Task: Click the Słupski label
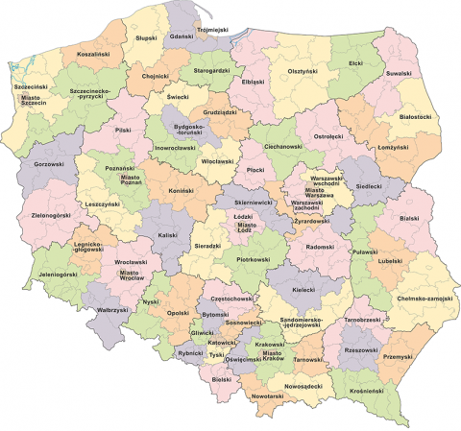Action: tap(147, 39)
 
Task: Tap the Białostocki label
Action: tap(415, 116)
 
